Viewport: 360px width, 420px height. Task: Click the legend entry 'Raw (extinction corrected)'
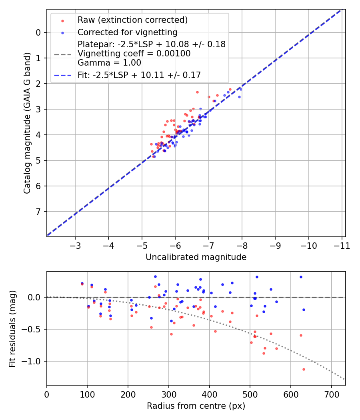click(x=132, y=20)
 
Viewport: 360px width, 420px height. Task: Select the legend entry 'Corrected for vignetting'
click(x=127, y=32)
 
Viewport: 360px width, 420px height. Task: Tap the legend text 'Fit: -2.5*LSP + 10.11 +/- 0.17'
click(x=139, y=75)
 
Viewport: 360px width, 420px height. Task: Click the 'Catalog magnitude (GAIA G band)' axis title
click(x=27, y=122)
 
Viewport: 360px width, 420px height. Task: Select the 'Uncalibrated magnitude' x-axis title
click(x=196, y=257)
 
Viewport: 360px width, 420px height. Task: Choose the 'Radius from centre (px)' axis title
click(x=196, y=406)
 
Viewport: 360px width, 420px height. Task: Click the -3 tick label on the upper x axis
click(x=75, y=245)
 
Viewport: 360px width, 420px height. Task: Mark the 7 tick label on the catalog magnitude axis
click(x=38, y=212)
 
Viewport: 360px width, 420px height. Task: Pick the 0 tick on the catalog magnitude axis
click(x=38, y=32)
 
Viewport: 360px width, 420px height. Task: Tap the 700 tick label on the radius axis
click(x=331, y=394)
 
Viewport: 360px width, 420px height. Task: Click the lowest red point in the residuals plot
click(x=304, y=369)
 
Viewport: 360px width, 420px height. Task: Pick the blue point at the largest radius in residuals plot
click(x=304, y=310)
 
